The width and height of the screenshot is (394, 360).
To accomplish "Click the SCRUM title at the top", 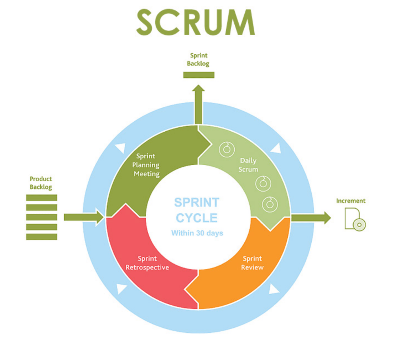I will click(x=195, y=22).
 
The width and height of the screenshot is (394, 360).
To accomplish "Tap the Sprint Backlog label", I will click(x=199, y=60).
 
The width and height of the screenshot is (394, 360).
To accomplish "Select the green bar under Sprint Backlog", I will click(x=199, y=75).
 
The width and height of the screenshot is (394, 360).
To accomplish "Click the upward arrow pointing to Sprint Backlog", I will click(x=199, y=104).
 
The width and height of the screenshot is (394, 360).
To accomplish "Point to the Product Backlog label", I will click(x=41, y=183).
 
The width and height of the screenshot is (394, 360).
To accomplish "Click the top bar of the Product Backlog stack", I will click(x=42, y=198).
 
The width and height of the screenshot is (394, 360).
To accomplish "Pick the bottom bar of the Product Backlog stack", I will click(x=42, y=237).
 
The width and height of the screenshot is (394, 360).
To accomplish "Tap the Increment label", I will click(x=351, y=201).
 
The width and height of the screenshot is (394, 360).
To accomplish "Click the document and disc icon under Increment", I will click(x=354, y=219).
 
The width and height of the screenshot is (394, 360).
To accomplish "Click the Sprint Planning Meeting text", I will click(x=146, y=165).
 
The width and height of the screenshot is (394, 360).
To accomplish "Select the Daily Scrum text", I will click(x=248, y=165).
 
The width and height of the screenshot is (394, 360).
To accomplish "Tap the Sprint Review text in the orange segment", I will click(x=252, y=263).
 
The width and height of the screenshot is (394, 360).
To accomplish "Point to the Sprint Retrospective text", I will click(x=147, y=263).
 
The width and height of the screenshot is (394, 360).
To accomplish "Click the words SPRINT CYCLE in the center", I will click(x=197, y=210).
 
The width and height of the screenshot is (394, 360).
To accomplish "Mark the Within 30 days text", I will click(x=197, y=233).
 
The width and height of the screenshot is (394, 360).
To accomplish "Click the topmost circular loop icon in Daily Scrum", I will click(x=227, y=149).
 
